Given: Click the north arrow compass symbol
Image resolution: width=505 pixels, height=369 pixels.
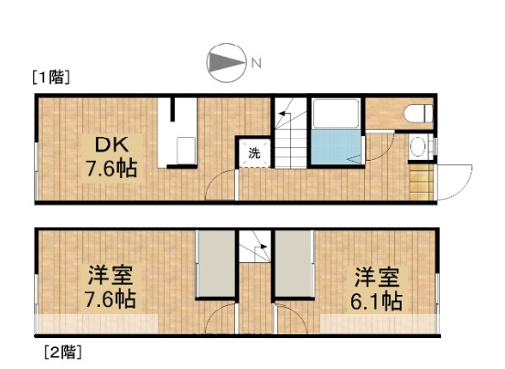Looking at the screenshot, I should click(226, 62).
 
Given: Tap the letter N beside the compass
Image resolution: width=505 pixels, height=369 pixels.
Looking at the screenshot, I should click(257, 63).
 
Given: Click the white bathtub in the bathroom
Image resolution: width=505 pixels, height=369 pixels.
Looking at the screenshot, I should click(338, 114).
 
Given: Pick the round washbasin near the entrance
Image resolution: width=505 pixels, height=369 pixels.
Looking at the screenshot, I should click(419, 147).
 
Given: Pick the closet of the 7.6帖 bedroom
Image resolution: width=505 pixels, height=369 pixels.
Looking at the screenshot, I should click(216, 264).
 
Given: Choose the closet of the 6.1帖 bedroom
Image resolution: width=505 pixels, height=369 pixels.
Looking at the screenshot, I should click(294, 264).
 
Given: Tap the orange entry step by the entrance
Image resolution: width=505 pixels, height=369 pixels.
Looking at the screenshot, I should click(421, 180).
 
